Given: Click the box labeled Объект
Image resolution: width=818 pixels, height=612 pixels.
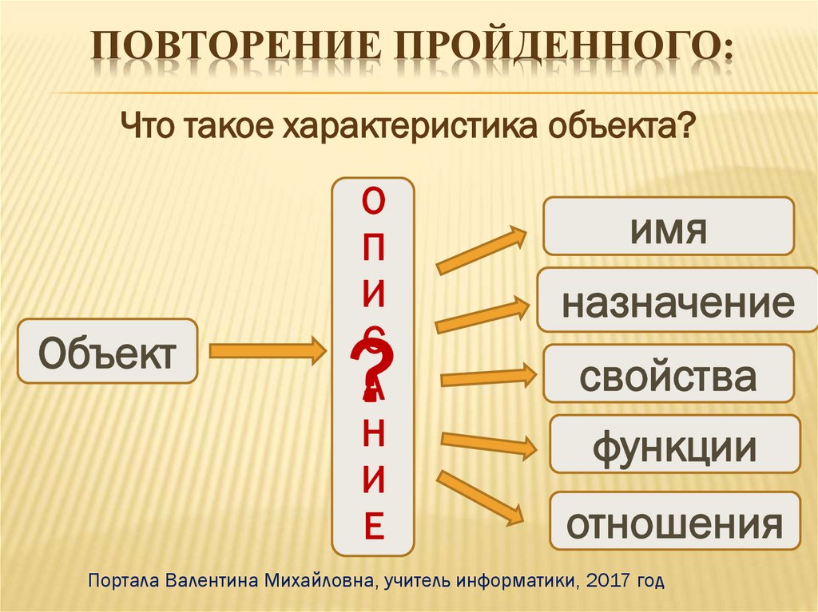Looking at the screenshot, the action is pyautogui.click(x=107, y=351).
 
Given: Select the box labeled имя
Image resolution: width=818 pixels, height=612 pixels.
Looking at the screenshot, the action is pyautogui.click(x=669, y=227).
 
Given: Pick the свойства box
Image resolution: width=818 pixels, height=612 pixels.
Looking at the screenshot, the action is pyautogui.click(x=669, y=373).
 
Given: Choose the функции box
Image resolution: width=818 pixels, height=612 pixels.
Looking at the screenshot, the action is pyautogui.click(x=674, y=445).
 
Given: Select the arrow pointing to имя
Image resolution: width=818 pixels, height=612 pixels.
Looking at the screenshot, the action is pyautogui.click(x=482, y=250).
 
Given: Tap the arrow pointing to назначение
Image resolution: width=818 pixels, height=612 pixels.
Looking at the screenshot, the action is pyautogui.click(x=482, y=314).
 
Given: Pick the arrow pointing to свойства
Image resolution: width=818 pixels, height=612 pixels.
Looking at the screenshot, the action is pyautogui.click(x=487, y=376).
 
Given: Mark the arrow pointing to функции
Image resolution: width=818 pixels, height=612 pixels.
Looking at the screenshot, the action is pyautogui.click(x=488, y=444).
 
